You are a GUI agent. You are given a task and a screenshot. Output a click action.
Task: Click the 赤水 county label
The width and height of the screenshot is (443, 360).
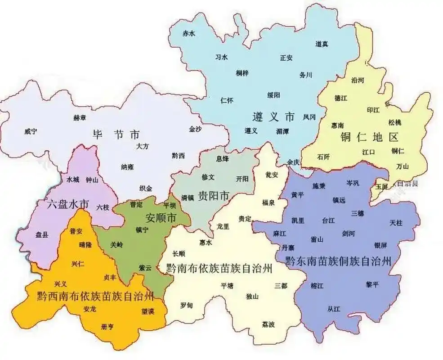(188, 34)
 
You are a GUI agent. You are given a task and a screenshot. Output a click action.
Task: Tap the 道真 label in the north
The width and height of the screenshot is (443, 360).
(322, 44)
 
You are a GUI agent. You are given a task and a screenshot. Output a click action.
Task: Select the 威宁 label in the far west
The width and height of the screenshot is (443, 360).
(31, 131)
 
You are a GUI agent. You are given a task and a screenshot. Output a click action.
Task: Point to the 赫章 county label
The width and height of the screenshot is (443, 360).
(80, 117)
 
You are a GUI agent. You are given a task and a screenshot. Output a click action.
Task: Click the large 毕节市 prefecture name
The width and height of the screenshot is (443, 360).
(116, 134)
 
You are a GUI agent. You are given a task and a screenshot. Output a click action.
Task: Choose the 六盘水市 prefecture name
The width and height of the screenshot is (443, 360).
(68, 204)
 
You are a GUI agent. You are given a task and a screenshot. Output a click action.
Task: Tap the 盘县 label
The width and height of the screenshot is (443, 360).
(42, 235)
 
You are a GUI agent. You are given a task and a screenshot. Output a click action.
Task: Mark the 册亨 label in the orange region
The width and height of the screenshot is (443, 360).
(108, 327)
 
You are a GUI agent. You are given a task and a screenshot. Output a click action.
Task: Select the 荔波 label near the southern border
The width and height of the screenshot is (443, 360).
(268, 324)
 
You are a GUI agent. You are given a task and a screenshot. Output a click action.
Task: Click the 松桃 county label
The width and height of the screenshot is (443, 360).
(395, 122)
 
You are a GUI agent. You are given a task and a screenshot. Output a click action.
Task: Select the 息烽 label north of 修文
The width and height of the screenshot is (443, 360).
(223, 158)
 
